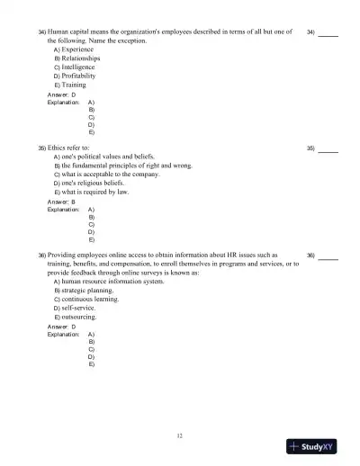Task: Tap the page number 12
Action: click(x=180, y=435)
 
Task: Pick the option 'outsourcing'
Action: click(x=78, y=318)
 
